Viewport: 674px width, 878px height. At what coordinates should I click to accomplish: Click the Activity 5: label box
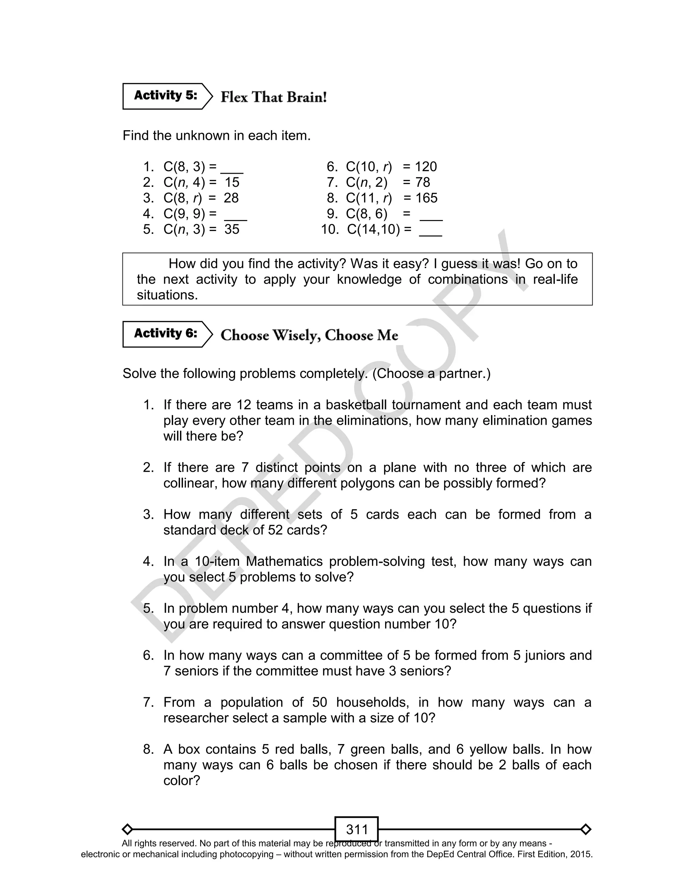(165, 96)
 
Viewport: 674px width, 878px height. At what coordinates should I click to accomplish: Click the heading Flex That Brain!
(273, 97)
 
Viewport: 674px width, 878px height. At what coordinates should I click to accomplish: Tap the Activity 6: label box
(165, 334)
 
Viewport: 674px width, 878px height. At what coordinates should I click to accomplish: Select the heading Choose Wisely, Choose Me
(309, 335)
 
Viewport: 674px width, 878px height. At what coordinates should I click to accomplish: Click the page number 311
(357, 829)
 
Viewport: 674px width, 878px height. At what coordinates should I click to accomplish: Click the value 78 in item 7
(423, 183)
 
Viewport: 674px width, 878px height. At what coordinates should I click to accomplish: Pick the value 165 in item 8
(426, 198)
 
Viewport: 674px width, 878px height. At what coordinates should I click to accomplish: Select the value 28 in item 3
(231, 198)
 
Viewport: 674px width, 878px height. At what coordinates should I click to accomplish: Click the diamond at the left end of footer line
(127, 829)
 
